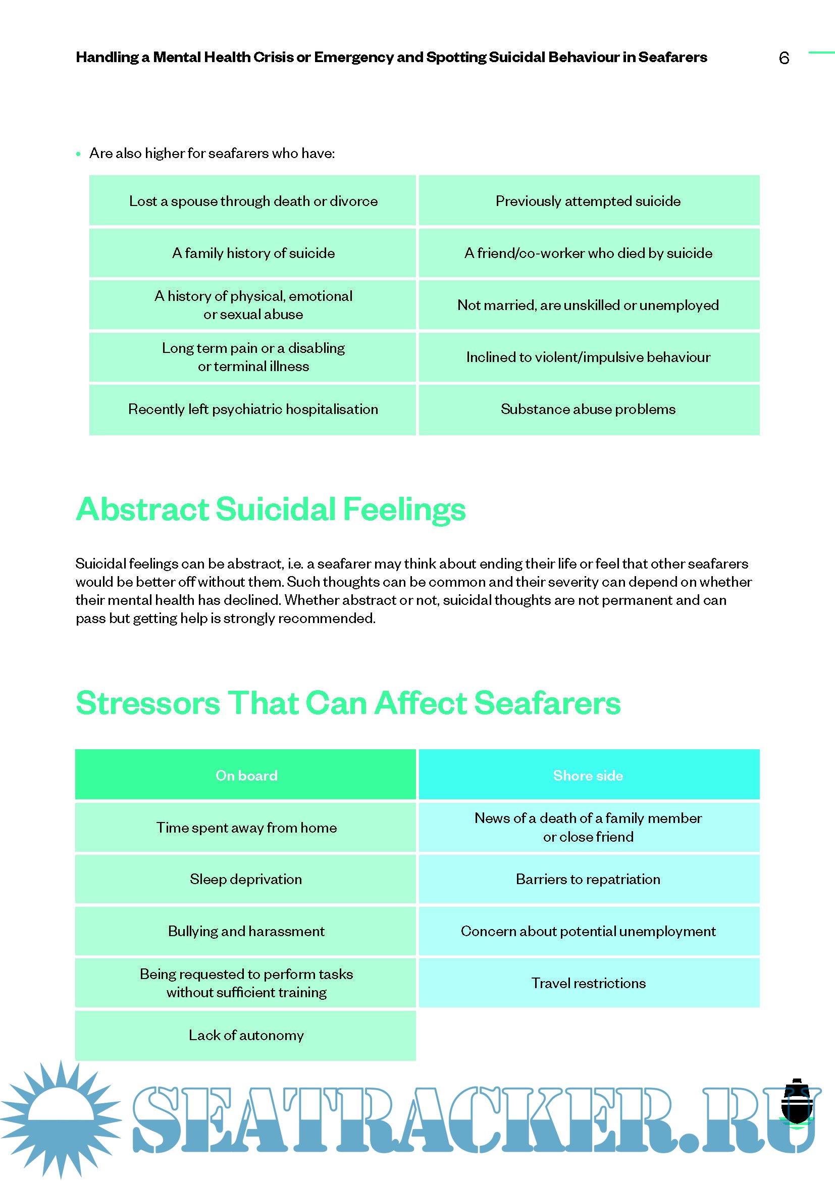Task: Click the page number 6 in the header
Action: coord(784,58)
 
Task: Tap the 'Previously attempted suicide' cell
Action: coord(588,201)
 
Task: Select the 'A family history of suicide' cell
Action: coord(253,253)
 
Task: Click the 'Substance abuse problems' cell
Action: coord(588,409)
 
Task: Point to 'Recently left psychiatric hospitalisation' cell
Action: coord(253,409)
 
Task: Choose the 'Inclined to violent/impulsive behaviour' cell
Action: coord(588,357)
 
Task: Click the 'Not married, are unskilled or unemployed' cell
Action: coord(588,305)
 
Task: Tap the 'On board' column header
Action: coord(246,775)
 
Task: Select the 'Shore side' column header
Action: coord(588,775)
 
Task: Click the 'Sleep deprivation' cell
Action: coord(246,879)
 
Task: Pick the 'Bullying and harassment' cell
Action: coord(246,931)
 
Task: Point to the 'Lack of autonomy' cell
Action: coord(246,1035)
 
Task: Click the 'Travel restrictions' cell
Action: coord(588,983)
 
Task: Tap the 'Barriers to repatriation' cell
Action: coord(588,879)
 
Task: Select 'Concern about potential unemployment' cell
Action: coord(588,931)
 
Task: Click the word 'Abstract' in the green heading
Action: coord(143,509)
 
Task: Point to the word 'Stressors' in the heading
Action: coord(147,703)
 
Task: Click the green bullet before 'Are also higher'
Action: coord(78,154)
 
